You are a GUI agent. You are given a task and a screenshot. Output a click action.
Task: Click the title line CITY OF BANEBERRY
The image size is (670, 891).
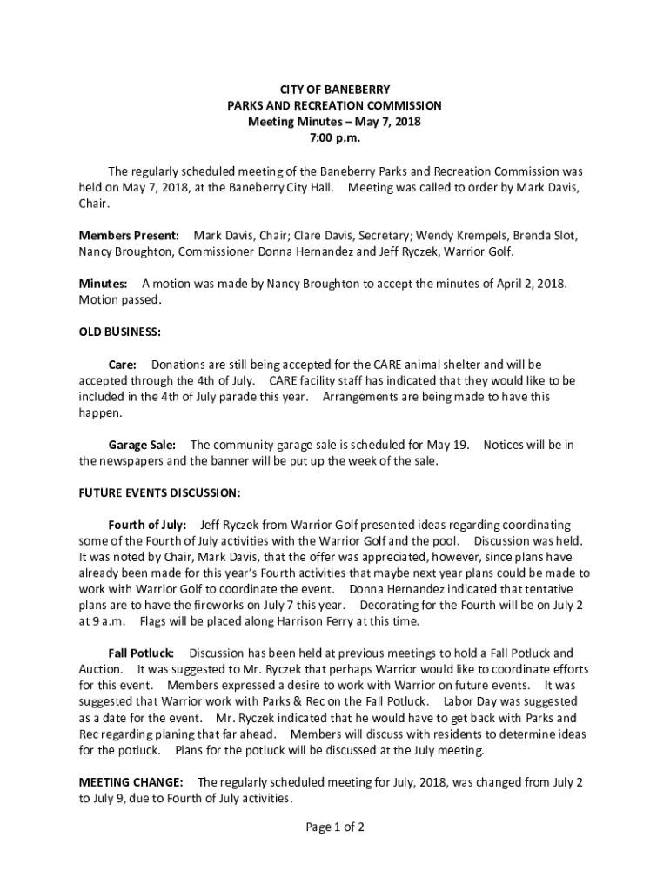coord(334,90)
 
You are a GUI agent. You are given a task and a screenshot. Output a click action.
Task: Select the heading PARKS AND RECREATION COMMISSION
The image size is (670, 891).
coord(334,105)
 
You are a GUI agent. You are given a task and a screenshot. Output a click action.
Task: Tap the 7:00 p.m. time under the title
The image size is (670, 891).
coord(334,137)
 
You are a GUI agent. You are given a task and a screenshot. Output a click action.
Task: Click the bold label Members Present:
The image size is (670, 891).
coord(130,236)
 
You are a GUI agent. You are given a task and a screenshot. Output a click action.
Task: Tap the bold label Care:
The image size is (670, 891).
coord(122,365)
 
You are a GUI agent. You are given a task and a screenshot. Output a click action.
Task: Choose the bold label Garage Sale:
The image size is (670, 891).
coord(142,445)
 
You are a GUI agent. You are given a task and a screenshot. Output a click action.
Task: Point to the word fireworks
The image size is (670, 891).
coord(234,605)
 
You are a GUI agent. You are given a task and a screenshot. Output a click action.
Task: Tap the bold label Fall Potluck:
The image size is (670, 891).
coord(141,653)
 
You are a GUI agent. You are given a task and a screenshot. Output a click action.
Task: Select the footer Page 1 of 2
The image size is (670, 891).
coord(334,827)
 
